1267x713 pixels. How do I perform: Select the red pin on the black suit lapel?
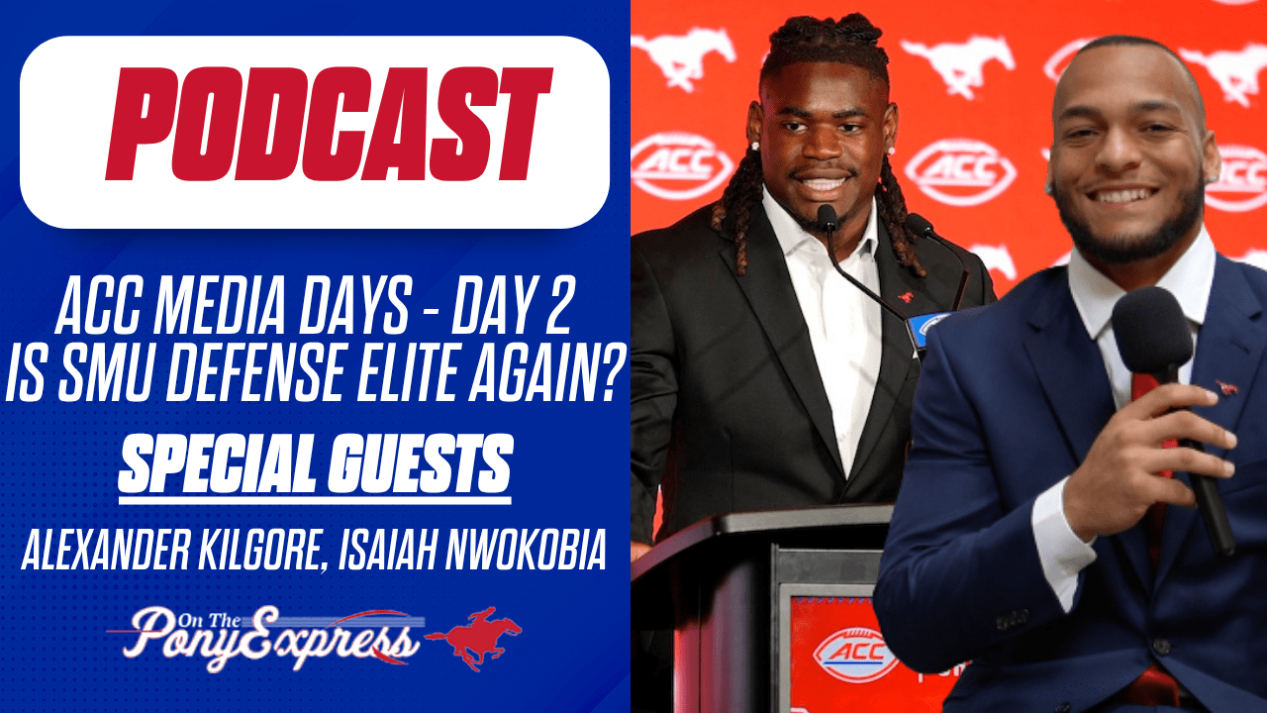click(904, 295)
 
